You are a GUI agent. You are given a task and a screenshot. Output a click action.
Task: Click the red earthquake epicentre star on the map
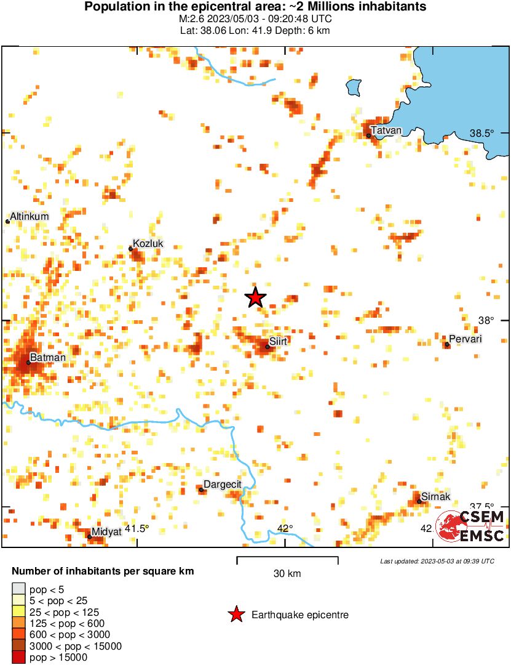tap(256, 297)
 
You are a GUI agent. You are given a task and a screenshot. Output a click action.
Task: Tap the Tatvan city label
tap(386, 130)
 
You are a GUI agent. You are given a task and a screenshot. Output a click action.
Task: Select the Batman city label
tap(48, 357)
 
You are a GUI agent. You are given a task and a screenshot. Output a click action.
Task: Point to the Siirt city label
tap(279, 341)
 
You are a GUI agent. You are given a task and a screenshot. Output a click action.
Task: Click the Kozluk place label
tap(148, 244)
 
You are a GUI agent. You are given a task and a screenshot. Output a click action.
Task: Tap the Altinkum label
tap(29, 216)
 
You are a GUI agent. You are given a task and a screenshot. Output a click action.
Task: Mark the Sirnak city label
tap(436, 496)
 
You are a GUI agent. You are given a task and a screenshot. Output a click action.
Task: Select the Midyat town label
tap(106, 531)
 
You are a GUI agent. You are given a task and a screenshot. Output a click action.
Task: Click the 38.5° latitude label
tap(482, 133)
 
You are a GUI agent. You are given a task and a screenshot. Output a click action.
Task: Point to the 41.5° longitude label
tap(137, 528)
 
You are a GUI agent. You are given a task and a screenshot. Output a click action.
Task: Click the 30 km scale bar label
tap(287, 574)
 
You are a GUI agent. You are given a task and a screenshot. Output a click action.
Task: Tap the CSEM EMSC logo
tap(470, 527)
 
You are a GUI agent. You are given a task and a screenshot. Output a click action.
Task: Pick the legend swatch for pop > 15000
tap(19, 658)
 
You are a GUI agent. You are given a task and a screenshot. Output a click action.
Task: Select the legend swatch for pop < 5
tap(19, 589)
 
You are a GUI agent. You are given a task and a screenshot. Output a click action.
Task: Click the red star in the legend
tap(235, 615)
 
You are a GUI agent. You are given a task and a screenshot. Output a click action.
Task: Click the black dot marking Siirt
tap(267, 347)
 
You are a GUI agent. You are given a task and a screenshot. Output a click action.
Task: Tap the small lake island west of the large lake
tap(354, 87)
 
